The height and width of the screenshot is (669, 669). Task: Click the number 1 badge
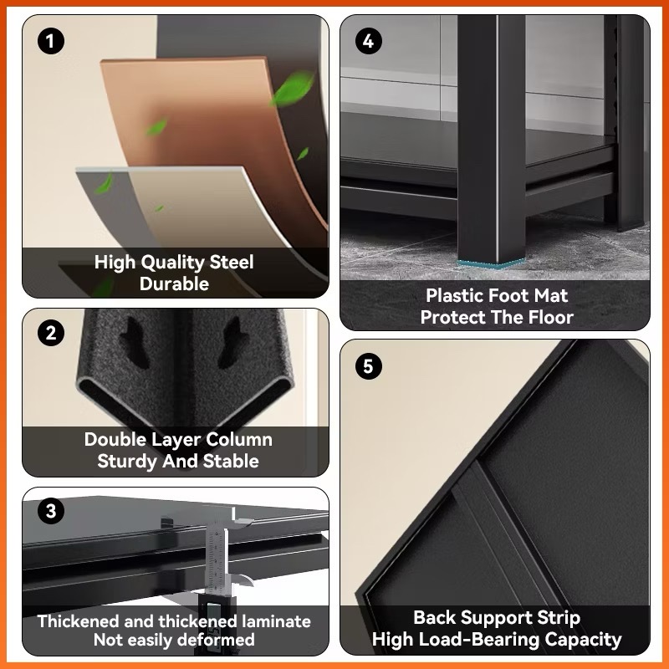(x=51, y=41)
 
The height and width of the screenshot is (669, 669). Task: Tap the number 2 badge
(x=51, y=333)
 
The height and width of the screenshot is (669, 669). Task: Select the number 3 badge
(x=51, y=511)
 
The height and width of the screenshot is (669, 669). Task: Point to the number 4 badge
(x=369, y=41)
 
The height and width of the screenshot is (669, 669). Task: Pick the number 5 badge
(x=369, y=366)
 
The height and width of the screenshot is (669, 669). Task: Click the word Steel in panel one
(x=232, y=262)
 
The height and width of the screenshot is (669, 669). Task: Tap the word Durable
(x=174, y=283)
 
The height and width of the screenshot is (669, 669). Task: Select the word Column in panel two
(x=238, y=440)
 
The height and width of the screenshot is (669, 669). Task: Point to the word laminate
(x=276, y=621)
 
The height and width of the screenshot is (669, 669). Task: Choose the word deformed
(x=216, y=640)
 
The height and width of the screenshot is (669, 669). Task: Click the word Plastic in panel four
(x=454, y=295)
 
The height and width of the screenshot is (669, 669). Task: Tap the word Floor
(x=551, y=317)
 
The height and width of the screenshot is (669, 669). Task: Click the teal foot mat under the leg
(x=492, y=263)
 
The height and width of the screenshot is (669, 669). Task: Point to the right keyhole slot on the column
(x=232, y=343)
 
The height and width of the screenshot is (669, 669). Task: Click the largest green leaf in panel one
(x=293, y=89)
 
